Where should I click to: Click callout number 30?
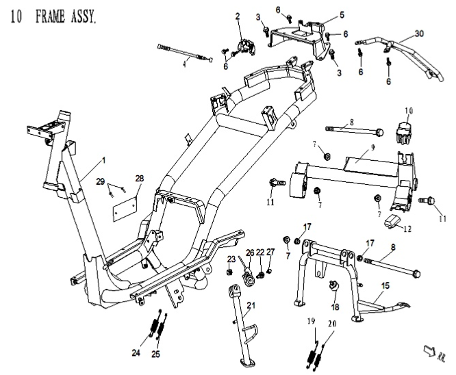click(x=419, y=33)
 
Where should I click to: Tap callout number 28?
click(x=139, y=179)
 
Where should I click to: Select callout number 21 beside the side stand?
click(x=251, y=305)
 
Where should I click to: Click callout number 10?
click(x=409, y=110)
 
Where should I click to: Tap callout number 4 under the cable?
click(x=183, y=65)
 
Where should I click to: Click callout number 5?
click(x=342, y=14)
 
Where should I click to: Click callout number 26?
click(x=249, y=253)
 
